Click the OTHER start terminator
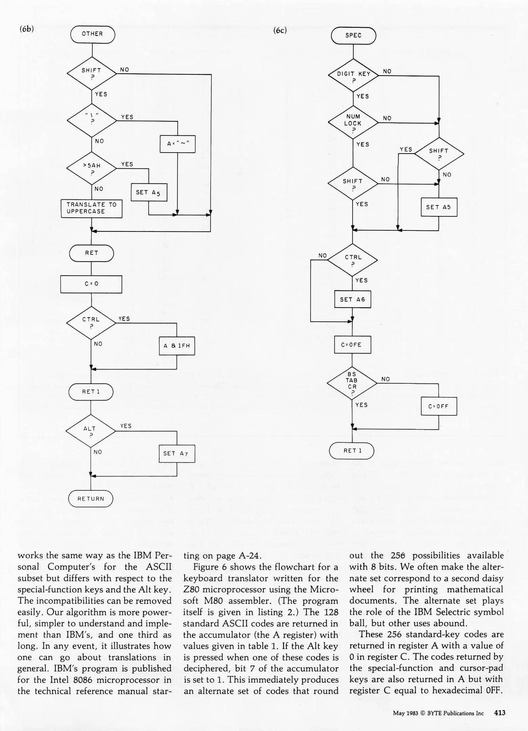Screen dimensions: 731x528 tap(92, 34)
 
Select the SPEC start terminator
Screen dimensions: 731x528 tap(353, 36)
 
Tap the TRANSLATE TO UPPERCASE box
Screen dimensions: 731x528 tap(91, 208)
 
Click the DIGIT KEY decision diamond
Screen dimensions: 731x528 tap(353, 75)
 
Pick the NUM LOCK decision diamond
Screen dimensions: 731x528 tap(353, 123)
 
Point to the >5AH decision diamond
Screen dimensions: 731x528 tap(92, 168)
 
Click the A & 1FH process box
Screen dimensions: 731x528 tap(177, 346)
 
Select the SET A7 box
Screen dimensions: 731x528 tap(177, 453)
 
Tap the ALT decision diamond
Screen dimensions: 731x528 tap(90, 431)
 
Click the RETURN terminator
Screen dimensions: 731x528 tap(91, 499)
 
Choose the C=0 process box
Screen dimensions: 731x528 tap(91, 284)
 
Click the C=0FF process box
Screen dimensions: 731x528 tap(439, 406)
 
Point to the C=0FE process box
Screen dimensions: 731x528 tap(352, 345)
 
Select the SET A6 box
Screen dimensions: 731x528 tap(352, 299)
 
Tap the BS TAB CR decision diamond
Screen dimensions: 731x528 tap(352, 383)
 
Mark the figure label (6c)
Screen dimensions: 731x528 tap(280, 30)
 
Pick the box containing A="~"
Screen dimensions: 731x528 tap(177, 144)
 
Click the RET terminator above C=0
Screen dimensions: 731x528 tap(91, 253)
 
